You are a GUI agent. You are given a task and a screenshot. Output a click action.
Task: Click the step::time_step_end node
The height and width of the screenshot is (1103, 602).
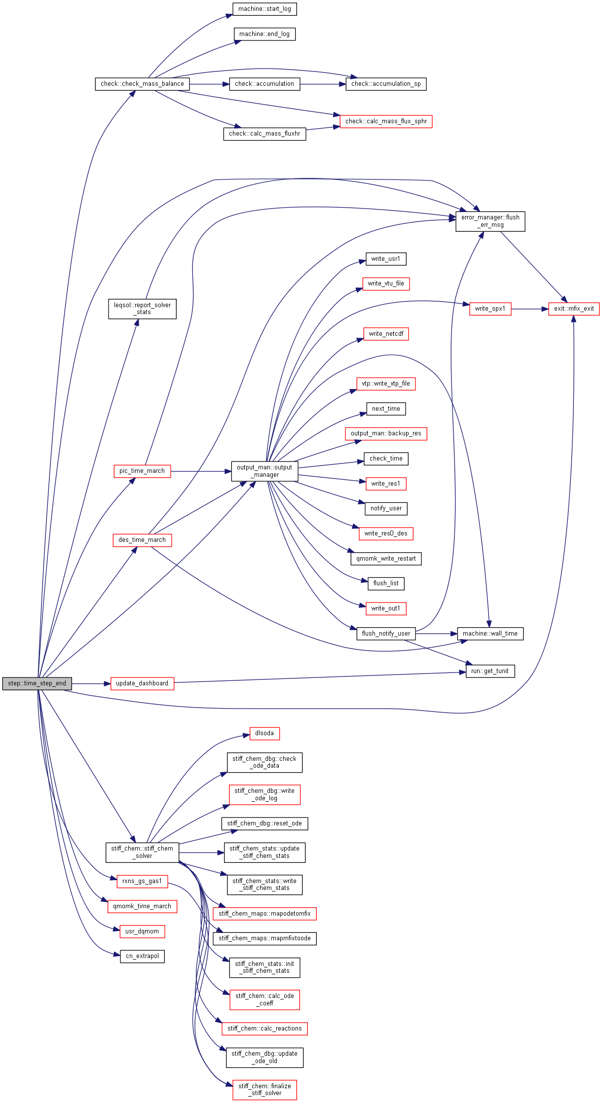pos(37,683)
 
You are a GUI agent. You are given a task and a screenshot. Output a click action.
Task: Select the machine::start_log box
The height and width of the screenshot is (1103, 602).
pos(264,9)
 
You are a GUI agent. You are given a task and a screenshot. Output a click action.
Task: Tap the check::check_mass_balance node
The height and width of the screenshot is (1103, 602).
pos(142,84)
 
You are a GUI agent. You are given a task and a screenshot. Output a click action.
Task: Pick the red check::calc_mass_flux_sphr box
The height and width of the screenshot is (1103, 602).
pos(386,121)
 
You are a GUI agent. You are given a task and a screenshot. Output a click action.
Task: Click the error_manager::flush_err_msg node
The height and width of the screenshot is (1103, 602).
pos(490,221)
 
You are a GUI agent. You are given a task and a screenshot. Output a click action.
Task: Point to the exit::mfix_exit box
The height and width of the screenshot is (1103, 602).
pos(573,309)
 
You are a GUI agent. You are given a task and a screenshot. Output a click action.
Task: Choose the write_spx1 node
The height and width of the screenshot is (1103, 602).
pos(490,309)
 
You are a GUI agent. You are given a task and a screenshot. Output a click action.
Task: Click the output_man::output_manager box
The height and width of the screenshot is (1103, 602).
pos(264,471)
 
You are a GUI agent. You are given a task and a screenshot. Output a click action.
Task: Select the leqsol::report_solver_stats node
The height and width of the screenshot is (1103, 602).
pos(142,309)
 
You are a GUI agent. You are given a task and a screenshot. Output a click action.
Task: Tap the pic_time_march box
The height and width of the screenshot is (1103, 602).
pos(142,471)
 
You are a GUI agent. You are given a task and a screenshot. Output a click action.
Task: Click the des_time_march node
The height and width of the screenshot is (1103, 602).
pos(142,540)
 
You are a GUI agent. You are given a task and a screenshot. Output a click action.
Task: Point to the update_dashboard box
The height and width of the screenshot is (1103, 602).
pos(142,683)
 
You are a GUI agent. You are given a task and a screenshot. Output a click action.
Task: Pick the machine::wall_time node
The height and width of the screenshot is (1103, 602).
pos(490,634)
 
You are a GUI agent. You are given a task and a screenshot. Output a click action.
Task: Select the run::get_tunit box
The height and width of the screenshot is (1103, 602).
pos(490,671)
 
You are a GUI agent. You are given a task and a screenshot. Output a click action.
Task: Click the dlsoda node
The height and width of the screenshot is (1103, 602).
pos(264,733)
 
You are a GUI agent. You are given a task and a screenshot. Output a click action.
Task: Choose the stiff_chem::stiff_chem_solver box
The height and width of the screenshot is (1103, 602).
pos(142,852)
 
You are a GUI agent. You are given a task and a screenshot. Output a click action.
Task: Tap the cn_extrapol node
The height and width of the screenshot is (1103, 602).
pos(142,956)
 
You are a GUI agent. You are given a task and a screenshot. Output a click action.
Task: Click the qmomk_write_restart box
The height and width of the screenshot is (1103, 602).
pos(386,559)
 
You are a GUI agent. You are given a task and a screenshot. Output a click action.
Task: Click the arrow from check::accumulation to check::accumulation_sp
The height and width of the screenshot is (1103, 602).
pos(323,84)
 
